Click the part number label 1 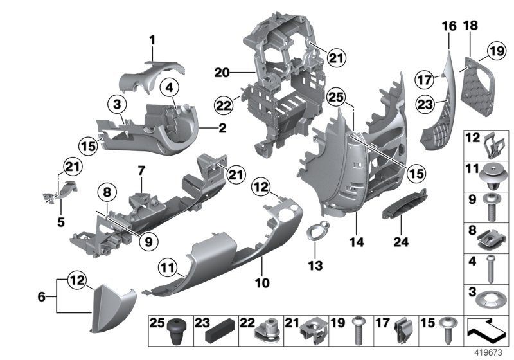[x=152, y=40]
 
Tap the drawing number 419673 [x=493, y=353]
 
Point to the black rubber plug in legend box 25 [x=175, y=332]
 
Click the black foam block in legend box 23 [x=215, y=334]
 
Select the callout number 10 [x=263, y=282]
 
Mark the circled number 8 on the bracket [x=107, y=190]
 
